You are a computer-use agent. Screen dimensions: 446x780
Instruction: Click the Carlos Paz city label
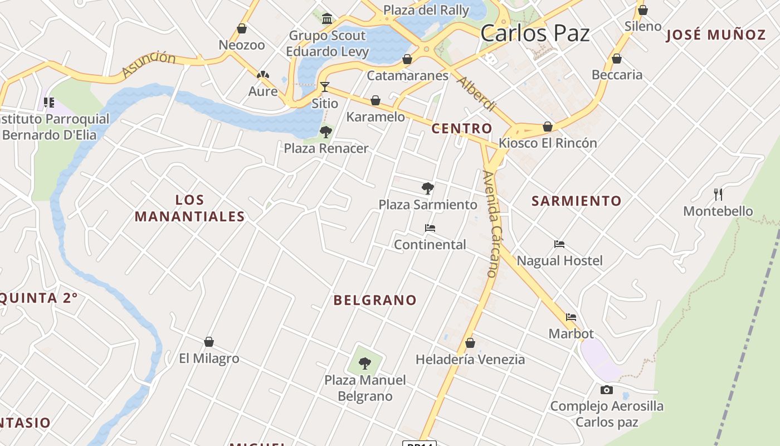[535, 33]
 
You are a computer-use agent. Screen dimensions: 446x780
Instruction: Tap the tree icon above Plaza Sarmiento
[428, 188]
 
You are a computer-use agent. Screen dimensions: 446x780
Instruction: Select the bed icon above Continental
[430, 228]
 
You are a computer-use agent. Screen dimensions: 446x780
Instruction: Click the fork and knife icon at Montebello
[718, 195]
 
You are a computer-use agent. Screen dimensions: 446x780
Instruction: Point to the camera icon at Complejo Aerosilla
[607, 390]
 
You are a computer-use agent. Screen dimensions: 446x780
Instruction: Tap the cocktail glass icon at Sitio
[325, 87]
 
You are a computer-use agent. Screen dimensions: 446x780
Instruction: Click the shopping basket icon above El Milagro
[209, 342]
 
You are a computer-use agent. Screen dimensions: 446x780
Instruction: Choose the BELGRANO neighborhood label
[375, 300]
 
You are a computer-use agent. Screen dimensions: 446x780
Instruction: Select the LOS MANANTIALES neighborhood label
[190, 208]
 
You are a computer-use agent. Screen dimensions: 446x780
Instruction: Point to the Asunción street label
[148, 64]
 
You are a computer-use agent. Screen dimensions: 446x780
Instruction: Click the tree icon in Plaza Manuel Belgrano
[365, 363]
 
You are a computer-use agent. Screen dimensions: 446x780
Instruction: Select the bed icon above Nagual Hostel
[559, 244]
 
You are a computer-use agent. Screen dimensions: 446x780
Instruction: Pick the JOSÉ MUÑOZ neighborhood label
[716, 35]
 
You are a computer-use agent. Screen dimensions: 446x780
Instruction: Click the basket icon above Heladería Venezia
[470, 343]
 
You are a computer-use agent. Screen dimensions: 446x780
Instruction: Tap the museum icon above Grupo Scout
[327, 20]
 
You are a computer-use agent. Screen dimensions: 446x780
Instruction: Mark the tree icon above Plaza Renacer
[326, 132]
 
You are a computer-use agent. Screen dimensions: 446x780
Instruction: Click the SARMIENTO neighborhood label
[576, 201]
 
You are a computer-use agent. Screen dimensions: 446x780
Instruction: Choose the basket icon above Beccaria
[617, 59]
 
